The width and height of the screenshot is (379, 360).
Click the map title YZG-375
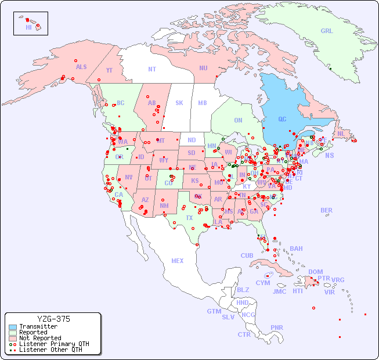pyautogui.click(x=53, y=319)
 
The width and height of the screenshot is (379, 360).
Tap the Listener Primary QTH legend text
pyautogui.click(x=53, y=344)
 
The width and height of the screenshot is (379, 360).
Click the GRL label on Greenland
pyautogui.click(x=327, y=31)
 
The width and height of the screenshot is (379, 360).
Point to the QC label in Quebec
pyautogui.click(x=282, y=120)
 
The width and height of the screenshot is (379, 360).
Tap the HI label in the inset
pyautogui.click(x=28, y=27)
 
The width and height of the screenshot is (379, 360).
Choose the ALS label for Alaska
pyautogui.click(x=81, y=67)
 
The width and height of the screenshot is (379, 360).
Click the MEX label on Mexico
pyautogui.click(x=178, y=261)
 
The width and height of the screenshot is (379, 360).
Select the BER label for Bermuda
pyautogui.click(x=326, y=211)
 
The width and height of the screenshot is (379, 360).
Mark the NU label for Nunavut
pyautogui.click(x=203, y=68)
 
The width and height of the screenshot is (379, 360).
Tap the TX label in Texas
pyautogui.click(x=189, y=218)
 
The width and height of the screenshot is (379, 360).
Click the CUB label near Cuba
pyautogui.click(x=247, y=255)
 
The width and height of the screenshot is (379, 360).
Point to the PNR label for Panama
pyautogui.click(x=277, y=327)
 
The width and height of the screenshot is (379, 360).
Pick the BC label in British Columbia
pyautogui.click(x=121, y=103)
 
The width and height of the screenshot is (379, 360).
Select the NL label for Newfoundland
pyautogui.click(x=341, y=134)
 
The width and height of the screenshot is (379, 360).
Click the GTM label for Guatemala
pyautogui.click(x=214, y=311)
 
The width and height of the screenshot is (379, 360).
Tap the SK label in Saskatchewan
pyautogui.click(x=179, y=103)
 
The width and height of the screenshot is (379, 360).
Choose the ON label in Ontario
pyautogui.click(x=238, y=121)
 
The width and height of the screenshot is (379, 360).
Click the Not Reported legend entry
pyautogui.click(x=40, y=338)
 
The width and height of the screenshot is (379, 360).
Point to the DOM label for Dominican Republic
pyautogui.click(x=315, y=272)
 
